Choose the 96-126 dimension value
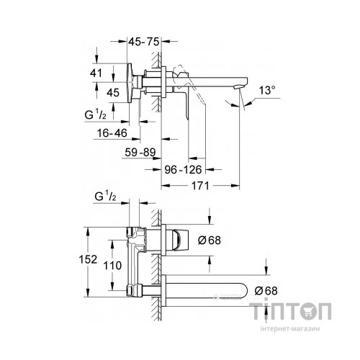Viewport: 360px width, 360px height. tap(181, 170)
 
